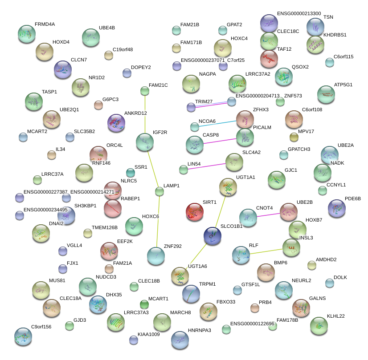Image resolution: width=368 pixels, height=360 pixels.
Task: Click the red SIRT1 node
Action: click(x=194, y=211)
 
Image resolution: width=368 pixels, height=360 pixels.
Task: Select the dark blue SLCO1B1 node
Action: click(x=212, y=236)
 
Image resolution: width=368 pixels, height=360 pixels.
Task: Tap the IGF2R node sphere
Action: click(x=145, y=142)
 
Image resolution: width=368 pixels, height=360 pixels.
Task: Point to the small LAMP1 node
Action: click(x=159, y=192)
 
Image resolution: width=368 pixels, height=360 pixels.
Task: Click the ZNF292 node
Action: click(x=156, y=255)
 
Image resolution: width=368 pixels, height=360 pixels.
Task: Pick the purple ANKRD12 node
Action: click(x=117, y=123)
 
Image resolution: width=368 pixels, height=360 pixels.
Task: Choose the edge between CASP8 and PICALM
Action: click(x=220, y=141)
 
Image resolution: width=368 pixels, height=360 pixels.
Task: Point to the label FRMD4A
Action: click(x=45, y=24)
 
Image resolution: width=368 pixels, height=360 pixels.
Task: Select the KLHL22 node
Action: click(x=319, y=325)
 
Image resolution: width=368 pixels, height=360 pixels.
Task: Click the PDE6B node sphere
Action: click(x=336, y=207)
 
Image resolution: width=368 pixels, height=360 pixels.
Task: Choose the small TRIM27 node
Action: click(x=191, y=107)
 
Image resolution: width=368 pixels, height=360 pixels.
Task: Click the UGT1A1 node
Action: click(x=228, y=187)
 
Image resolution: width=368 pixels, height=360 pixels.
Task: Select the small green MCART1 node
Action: click(x=144, y=304)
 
